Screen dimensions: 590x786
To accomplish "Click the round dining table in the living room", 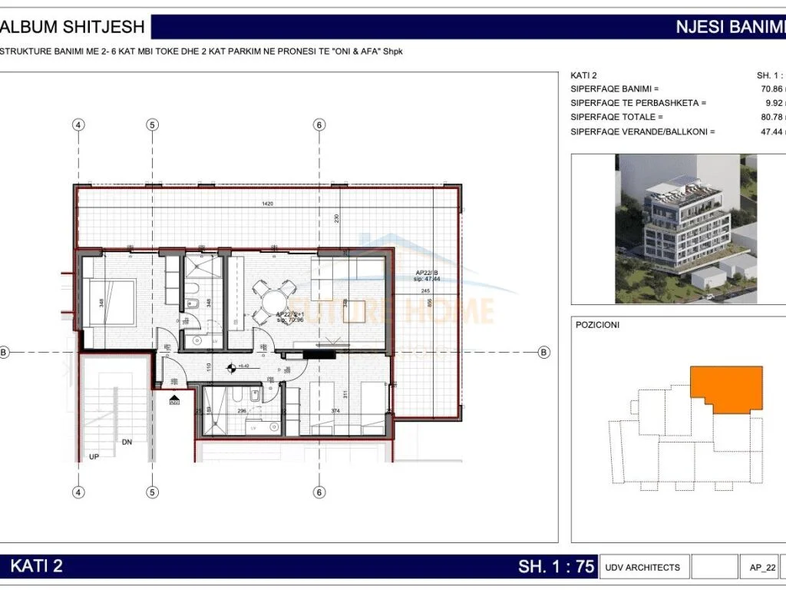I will click(x=273, y=296).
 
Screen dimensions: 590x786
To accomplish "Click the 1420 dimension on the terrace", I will click(x=268, y=204).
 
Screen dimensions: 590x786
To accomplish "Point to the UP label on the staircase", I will click(x=94, y=456).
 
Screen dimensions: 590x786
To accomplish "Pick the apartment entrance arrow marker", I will click(x=174, y=400).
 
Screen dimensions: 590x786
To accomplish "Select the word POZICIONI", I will click(x=597, y=325).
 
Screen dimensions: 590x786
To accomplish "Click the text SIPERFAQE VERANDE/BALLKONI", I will click(x=642, y=132).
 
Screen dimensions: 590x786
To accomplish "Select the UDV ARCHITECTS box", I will click(x=642, y=568).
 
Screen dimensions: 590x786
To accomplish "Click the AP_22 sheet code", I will click(x=758, y=568).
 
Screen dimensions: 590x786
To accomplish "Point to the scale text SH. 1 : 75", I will click(x=556, y=567).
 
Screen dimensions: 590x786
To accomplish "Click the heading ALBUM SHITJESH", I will click(x=73, y=27).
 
